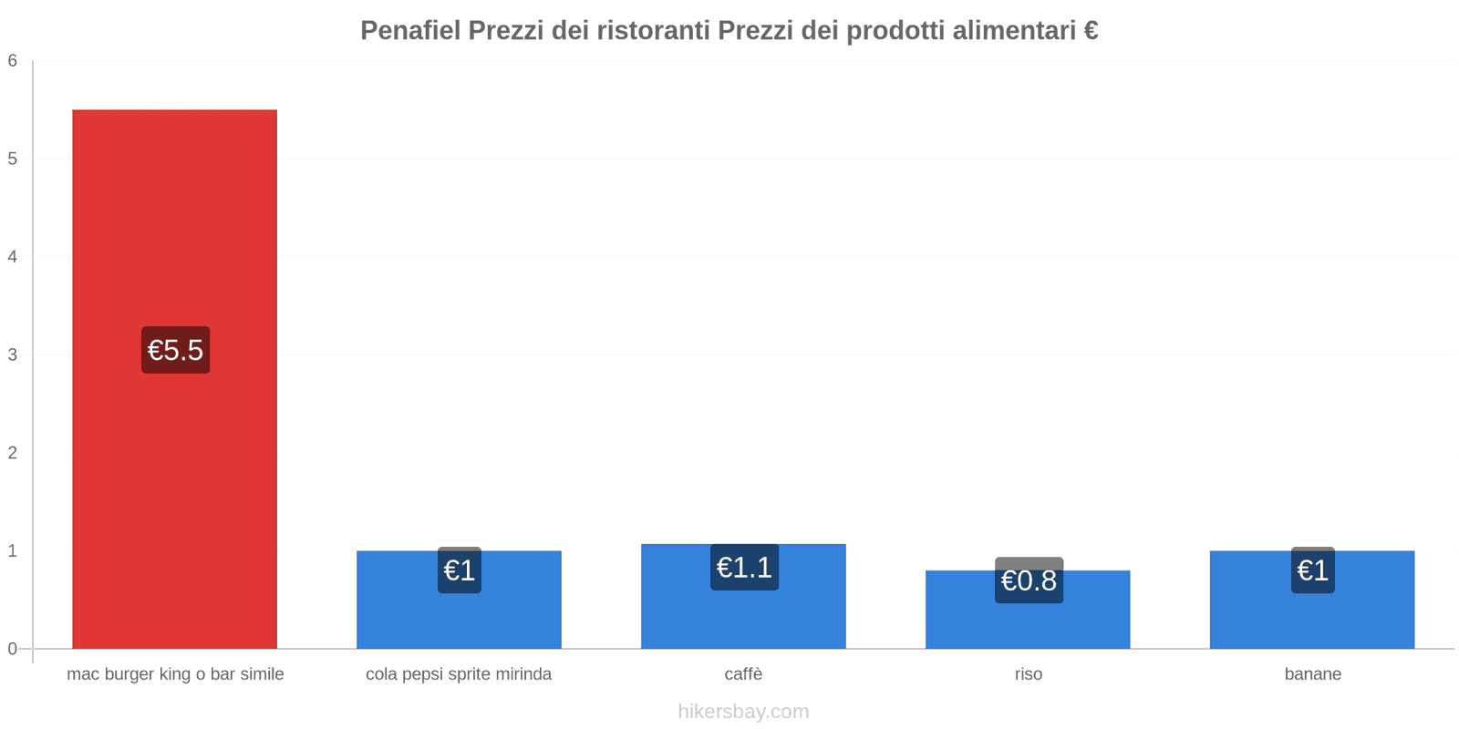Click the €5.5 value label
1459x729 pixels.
[x=175, y=350]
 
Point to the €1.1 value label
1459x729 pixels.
[x=744, y=568]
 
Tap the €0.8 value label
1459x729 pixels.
[x=1029, y=580]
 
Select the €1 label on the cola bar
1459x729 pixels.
[x=459, y=570]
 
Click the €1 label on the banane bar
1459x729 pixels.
[x=1312, y=570]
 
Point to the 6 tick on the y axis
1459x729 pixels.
[x=13, y=61]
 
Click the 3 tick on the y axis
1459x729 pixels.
[x=13, y=354]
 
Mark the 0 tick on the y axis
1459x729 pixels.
[x=13, y=649]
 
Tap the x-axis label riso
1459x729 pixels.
[x=1028, y=674]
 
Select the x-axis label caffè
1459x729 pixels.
[x=743, y=674]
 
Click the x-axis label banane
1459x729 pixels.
[x=1312, y=674]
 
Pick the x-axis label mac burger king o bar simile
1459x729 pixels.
[x=175, y=674]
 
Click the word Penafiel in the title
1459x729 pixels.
[x=410, y=31]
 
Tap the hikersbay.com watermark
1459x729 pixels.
[x=743, y=712]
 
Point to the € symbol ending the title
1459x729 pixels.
[x=1091, y=31]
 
